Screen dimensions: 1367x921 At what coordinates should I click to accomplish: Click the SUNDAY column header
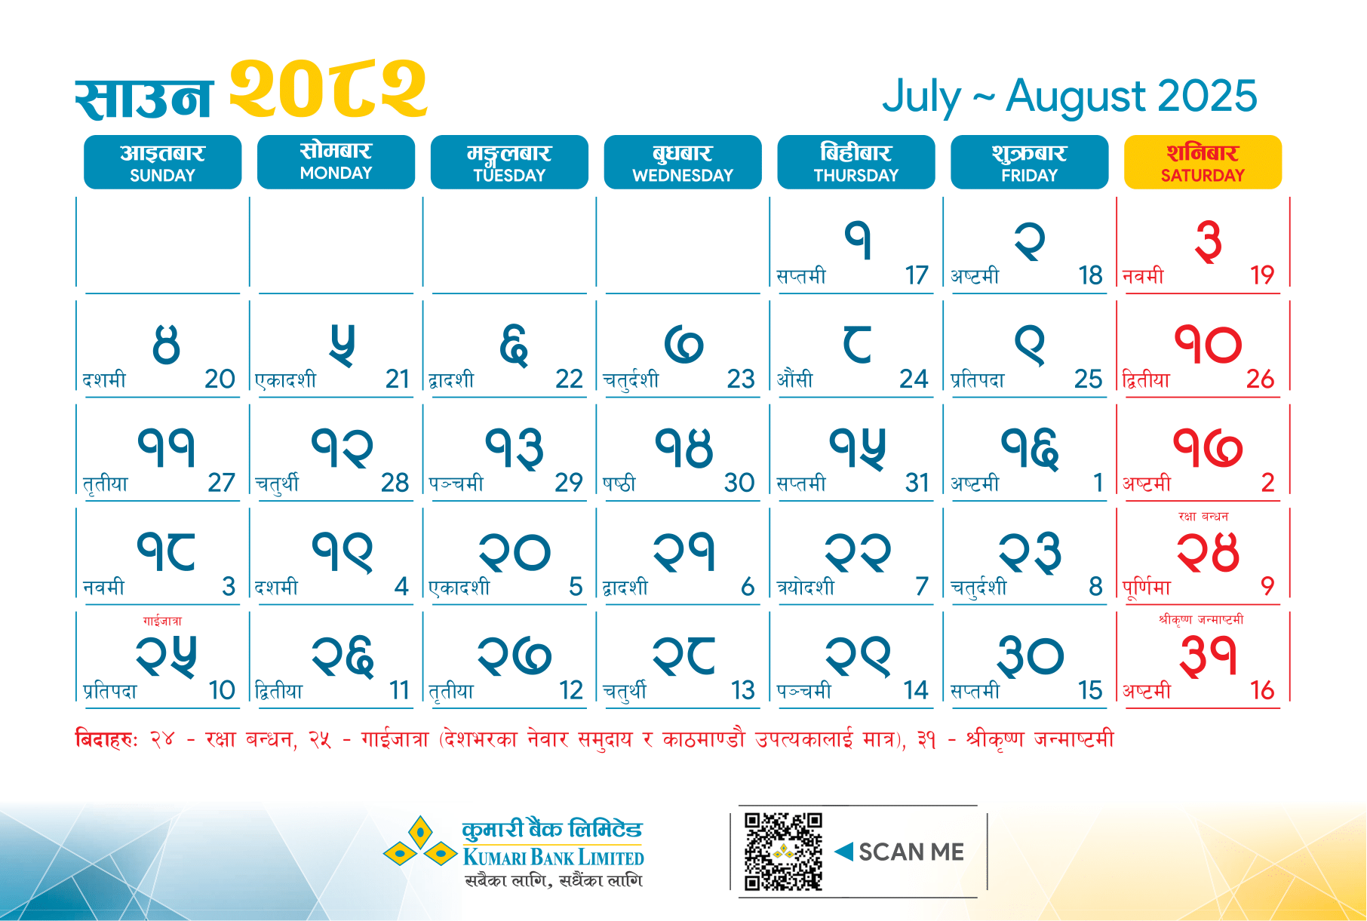[162, 162]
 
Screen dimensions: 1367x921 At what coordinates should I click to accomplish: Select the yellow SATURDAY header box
[1203, 162]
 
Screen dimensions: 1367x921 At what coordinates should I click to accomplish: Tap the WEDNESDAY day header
[683, 162]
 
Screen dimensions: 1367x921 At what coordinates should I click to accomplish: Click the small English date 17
[917, 275]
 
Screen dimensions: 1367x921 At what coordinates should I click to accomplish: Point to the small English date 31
[917, 483]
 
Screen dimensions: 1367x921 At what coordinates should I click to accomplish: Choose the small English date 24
[914, 379]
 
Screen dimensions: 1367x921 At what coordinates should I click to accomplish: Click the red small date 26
[1260, 379]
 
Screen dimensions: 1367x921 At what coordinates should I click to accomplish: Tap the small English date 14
[916, 690]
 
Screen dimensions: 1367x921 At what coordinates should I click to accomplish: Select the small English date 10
[222, 690]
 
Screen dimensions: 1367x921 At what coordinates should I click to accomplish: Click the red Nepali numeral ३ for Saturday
[1208, 241]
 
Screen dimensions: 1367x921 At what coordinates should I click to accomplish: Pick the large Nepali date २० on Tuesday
[515, 552]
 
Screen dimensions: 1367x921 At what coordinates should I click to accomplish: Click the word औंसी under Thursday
[795, 379]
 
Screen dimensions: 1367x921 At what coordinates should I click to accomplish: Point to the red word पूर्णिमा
[1147, 587]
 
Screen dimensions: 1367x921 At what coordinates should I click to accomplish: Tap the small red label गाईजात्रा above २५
[162, 621]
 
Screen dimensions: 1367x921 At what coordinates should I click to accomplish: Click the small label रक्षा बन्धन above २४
[1203, 517]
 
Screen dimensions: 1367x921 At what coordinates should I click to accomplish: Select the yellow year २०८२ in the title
[328, 89]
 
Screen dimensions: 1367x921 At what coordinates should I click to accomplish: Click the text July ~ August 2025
[1070, 97]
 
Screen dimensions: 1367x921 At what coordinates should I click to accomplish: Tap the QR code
[783, 852]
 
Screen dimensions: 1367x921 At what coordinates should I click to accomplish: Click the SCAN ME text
[911, 852]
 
